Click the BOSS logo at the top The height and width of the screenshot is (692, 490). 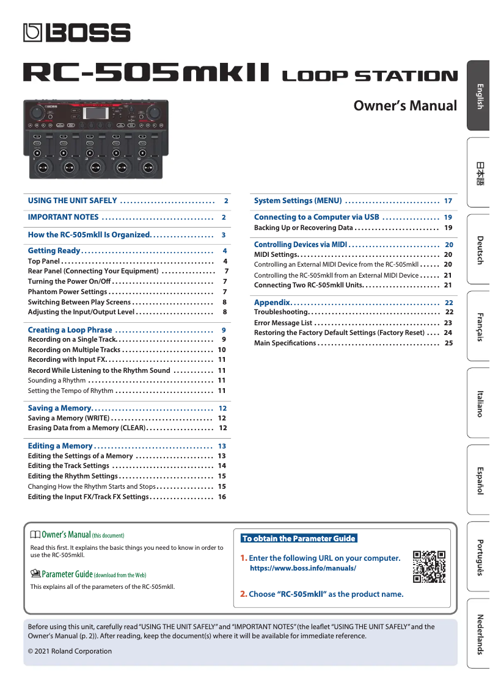point(77,32)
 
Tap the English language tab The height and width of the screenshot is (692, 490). point(479,96)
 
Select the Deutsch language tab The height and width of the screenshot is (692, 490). point(479,249)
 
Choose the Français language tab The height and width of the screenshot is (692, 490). point(479,326)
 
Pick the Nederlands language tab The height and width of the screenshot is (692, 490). point(479,633)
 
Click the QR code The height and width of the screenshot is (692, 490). point(429,567)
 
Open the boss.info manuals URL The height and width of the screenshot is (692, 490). point(303,568)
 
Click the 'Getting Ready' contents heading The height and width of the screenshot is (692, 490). point(54,251)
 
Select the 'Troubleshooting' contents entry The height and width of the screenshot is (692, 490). point(280,312)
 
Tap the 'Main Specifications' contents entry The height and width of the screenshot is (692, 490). point(285,343)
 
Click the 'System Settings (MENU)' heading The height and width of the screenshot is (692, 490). point(298,201)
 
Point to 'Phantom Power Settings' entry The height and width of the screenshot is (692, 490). point(67,292)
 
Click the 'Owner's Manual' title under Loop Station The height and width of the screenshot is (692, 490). point(405,106)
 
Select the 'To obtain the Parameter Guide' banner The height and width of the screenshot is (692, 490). point(298,538)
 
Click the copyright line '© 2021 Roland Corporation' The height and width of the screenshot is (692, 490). point(70,651)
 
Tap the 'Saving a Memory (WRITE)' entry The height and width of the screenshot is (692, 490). point(68,419)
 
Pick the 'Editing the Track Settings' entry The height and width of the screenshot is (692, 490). point(68,466)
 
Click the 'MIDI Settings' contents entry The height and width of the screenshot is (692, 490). point(276,254)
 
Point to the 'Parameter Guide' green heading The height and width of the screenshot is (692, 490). point(67,574)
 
